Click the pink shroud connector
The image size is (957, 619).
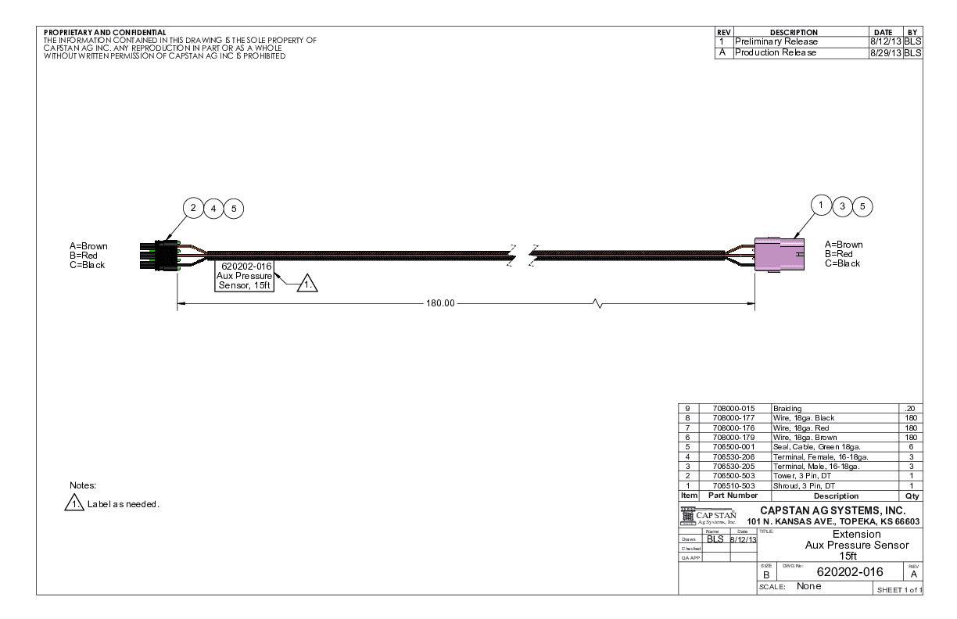[x=780, y=255]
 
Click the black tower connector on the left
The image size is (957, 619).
[x=159, y=256]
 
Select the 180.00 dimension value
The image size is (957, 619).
[x=440, y=303]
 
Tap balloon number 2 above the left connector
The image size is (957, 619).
[x=193, y=208]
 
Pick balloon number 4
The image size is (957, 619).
[x=213, y=209]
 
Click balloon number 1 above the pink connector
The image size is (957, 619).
[x=821, y=206]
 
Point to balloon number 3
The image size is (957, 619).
[x=842, y=207]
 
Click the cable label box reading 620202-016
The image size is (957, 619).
[x=245, y=276]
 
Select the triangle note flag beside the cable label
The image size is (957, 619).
[x=307, y=283]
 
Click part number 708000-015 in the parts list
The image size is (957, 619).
[x=733, y=409]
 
